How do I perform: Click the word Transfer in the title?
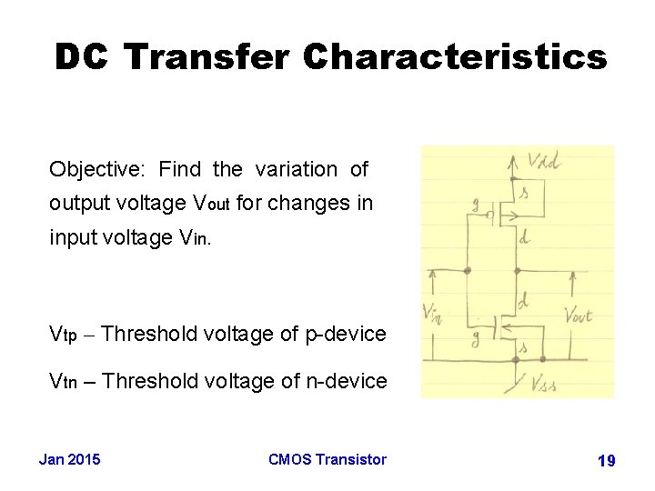click(207, 57)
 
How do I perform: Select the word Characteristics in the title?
click(455, 57)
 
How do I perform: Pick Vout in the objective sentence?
click(208, 203)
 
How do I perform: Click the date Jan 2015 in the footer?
click(70, 459)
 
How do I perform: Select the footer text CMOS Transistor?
click(327, 459)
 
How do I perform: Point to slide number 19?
click(606, 461)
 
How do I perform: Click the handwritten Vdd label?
click(545, 164)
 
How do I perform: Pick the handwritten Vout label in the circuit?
click(578, 316)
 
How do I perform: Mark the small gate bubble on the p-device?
click(491, 215)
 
